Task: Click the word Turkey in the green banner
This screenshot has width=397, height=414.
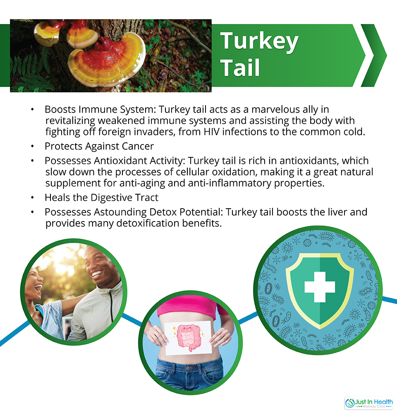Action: [x=259, y=41]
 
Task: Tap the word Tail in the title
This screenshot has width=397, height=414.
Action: [x=240, y=67]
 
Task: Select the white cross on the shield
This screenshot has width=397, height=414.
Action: [x=320, y=287]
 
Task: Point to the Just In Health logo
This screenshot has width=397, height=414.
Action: [x=369, y=403]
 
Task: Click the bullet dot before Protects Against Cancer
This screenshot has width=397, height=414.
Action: [x=32, y=146]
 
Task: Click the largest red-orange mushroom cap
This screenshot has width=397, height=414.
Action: [x=106, y=60]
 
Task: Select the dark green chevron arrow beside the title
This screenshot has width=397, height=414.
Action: [x=374, y=55]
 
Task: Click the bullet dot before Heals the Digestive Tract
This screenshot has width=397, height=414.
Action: [x=32, y=197]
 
